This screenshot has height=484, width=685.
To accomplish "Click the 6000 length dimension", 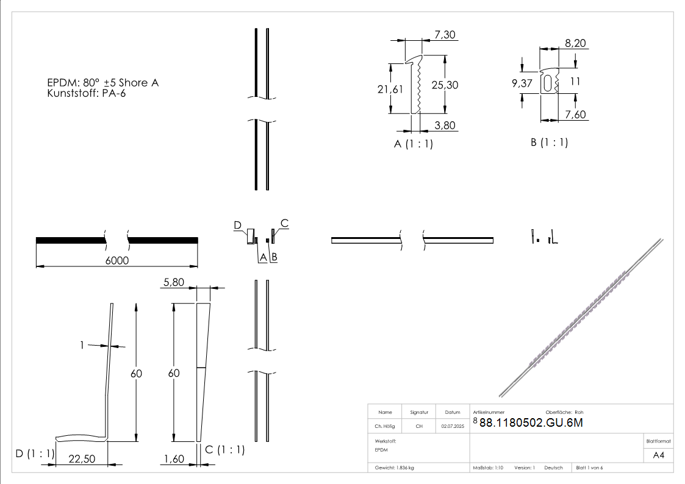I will pos(118,260).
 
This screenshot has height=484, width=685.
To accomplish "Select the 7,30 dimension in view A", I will pos(445,35).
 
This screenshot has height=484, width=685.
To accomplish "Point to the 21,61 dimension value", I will pos(390,89).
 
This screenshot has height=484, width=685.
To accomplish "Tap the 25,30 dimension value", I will pos(445,85).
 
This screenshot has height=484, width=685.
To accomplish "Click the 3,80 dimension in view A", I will pos(445,126).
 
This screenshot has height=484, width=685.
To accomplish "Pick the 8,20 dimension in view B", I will pos(575,43).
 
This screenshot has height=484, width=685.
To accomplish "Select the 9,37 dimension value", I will pos(522,84).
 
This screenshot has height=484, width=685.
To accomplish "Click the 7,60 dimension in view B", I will pos(575,115).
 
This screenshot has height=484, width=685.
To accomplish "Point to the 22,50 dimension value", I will pos(81,459).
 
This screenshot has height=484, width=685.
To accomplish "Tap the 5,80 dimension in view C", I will pos(173,283).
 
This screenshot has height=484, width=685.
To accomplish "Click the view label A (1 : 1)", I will pos(414,144).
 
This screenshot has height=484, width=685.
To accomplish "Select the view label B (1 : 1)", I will pos(549,143).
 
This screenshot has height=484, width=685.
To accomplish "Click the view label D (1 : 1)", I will pos(35,454).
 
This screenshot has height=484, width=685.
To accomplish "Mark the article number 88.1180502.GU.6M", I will pos(531,424).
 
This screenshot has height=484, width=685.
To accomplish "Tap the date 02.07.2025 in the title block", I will pos(453,426).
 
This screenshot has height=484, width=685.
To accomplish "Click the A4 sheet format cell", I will pos(659,455).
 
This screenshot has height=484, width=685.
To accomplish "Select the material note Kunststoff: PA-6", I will pos(86,93).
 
